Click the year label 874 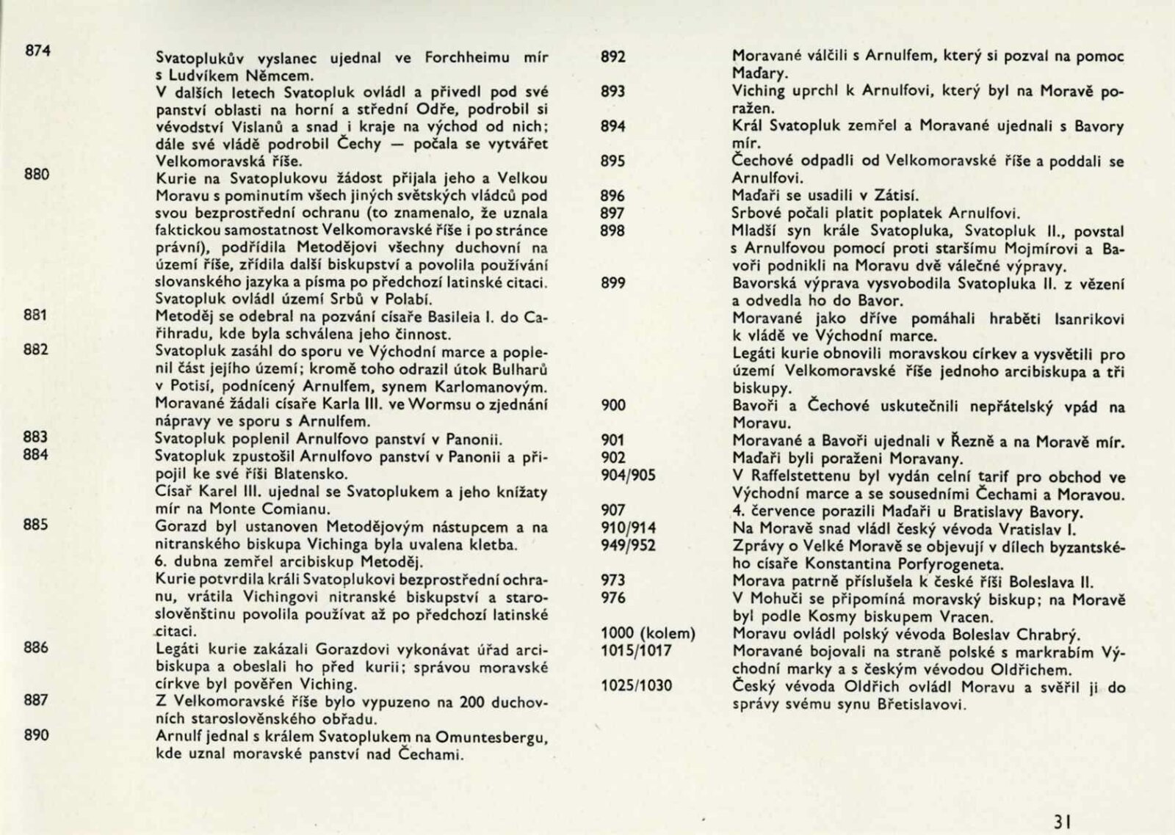[x=37, y=51]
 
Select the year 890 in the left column [x=36, y=734]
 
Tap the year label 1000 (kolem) [x=648, y=633]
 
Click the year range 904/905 [x=629, y=475]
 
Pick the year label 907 [x=613, y=510]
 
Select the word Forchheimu [x=439, y=57]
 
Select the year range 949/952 [x=629, y=545]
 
